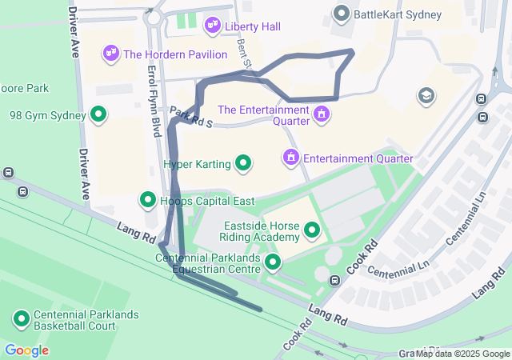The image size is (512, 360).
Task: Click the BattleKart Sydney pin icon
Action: [x=342, y=14]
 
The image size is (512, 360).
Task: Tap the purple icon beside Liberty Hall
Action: [x=212, y=26]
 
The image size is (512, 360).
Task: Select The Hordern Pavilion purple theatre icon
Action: [x=110, y=54]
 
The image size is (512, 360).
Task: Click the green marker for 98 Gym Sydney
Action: [x=98, y=115]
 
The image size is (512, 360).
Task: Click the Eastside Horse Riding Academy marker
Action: [x=311, y=232]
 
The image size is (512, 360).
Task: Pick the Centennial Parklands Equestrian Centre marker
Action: [x=273, y=262]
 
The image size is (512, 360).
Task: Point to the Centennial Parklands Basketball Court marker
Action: [x=22, y=319]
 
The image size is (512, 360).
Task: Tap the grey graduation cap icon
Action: [x=426, y=96]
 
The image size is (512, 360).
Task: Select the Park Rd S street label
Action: [x=190, y=116]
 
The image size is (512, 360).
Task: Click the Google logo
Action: [x=26, y=350]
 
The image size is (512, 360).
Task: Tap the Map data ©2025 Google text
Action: [x=462, y=354]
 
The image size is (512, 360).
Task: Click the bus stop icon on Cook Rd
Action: [x=335, y=281]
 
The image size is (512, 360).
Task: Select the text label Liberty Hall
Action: [x=252, y=26]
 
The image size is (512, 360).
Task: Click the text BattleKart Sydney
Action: [x=398, y=14]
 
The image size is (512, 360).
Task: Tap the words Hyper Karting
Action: [x=197, y=164]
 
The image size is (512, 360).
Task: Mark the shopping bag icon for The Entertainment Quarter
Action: [x=322, y=113]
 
